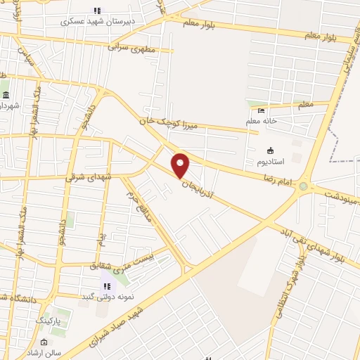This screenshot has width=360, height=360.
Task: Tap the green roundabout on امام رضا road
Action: coord(304,186)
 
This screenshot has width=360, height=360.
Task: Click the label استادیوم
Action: coord(269,162)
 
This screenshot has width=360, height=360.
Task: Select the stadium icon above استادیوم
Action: coord(269,150)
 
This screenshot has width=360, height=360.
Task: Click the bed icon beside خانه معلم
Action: coord(262,110)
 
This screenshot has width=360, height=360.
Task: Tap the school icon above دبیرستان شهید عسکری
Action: coord(98,11)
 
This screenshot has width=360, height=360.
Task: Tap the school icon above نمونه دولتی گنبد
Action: coord(106,285)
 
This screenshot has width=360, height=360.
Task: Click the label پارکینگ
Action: coord(49,320)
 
